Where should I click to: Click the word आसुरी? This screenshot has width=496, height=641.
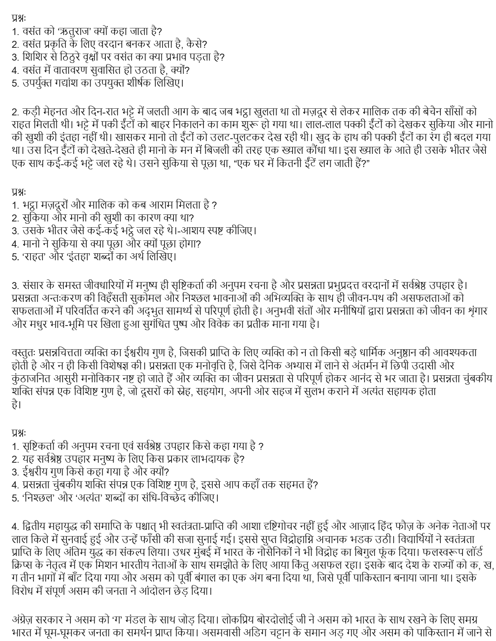(81, 378)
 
